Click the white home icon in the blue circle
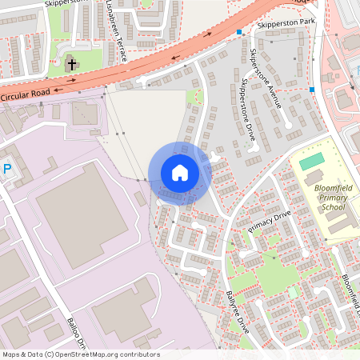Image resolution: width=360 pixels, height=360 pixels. [x=180, y=173]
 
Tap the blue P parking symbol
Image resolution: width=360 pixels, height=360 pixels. [x=7, y=169]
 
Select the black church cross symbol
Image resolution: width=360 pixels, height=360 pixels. [x=71, y=63]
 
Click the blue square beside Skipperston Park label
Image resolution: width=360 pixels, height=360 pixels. [x=238, y=32]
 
